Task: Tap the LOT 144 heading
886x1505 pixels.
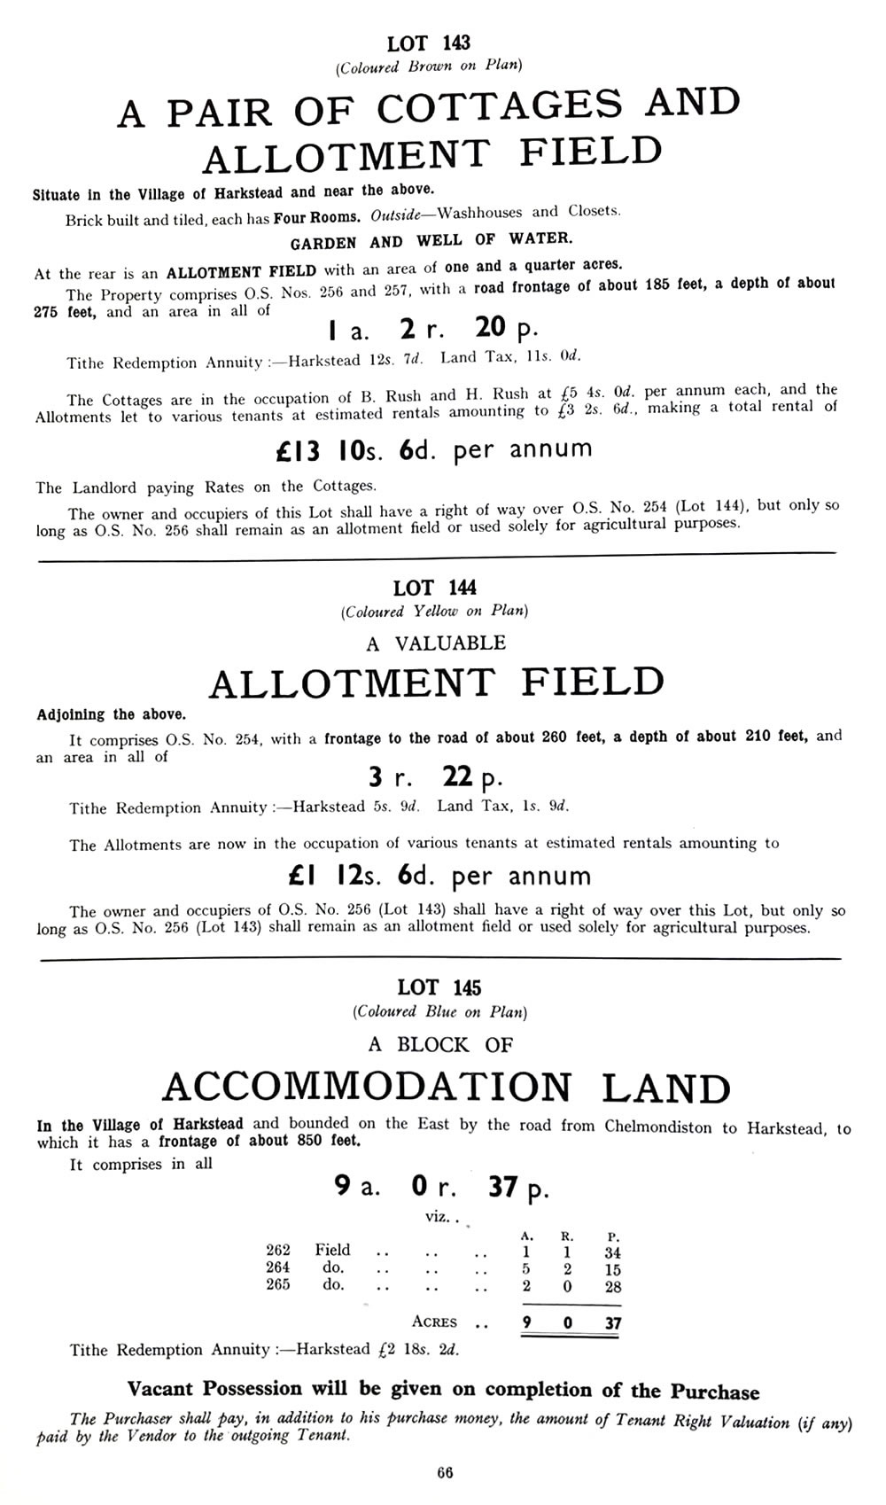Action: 434,587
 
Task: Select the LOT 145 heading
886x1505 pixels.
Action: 439,987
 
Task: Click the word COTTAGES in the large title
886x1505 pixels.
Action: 500,108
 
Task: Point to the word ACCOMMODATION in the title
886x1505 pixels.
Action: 368,1088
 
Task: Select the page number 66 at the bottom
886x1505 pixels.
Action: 445,1473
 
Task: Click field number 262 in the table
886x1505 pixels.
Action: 278,1250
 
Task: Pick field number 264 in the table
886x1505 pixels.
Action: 278,1267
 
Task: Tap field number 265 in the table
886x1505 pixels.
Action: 278,1284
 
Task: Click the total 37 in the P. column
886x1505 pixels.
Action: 611,1324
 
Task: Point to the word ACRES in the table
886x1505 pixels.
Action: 434,1322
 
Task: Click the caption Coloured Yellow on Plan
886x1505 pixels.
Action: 434,612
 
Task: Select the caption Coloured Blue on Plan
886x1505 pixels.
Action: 439,1011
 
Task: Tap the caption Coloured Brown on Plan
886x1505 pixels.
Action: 428,66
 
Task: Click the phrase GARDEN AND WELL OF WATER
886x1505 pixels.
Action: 431,240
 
